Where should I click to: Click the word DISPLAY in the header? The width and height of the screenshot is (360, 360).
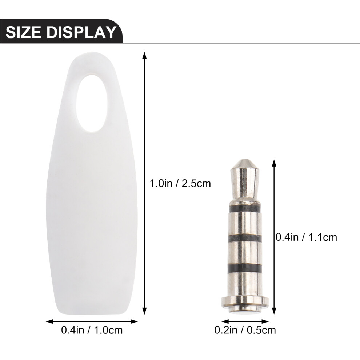click(81, 32)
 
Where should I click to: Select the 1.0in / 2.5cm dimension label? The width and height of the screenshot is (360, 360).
click(180, 183)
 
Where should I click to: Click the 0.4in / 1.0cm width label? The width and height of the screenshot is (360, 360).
click(92, 330)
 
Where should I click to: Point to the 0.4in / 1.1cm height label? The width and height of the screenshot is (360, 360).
click(306, 237)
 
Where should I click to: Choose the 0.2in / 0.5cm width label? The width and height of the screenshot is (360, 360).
click(245, 330)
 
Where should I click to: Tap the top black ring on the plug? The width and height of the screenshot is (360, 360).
click(245, 209)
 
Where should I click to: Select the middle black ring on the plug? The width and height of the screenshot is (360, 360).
click(245, 238)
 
